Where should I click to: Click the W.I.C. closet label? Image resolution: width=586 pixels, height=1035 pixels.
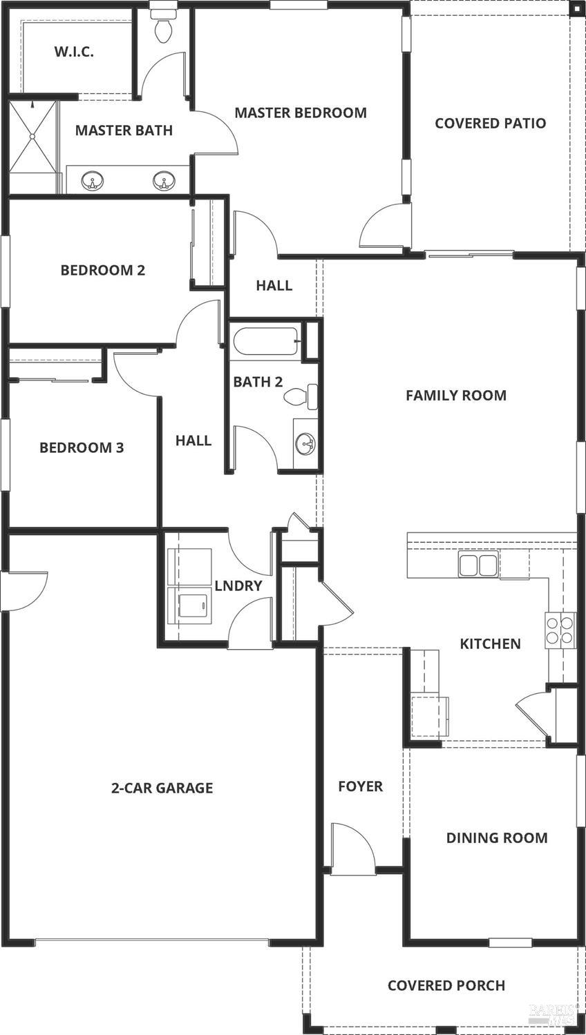pos(74,52)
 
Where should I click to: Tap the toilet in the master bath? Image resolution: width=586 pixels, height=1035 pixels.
pos(163,28)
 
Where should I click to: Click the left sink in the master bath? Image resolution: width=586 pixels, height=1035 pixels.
pos(92,182)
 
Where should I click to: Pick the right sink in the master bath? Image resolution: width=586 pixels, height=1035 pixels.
pos(164,182)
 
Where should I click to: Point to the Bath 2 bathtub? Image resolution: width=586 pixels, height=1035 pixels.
pos(265,342)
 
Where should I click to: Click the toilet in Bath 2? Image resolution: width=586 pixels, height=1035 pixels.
pos(303,396)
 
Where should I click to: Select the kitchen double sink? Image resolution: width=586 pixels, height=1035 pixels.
pos(478,564)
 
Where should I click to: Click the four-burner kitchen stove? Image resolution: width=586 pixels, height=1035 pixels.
pos(560,630)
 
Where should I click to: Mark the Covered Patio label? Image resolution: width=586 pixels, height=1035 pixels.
pos(490,124)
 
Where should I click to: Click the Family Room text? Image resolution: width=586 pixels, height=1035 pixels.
pos(455,396)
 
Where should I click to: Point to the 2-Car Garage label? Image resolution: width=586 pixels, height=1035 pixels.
pos(162,788)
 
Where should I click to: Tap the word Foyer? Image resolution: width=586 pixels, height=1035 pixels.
pos(360,786)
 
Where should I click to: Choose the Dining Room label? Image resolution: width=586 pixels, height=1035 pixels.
pos(496,838)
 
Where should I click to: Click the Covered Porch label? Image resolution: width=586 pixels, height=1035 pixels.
pos(446,985)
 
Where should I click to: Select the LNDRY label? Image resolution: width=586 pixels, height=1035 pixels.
pos(238,586)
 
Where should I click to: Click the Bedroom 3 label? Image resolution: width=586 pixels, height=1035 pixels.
pos(82,448)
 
